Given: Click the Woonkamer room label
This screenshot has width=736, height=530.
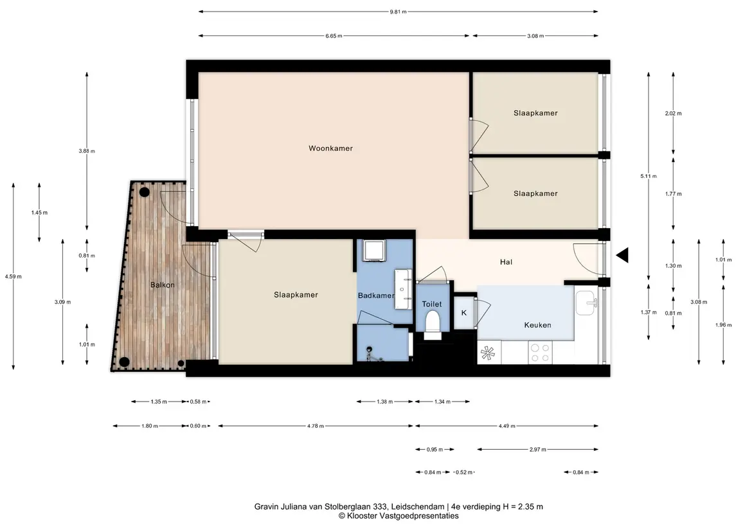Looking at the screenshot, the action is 330,148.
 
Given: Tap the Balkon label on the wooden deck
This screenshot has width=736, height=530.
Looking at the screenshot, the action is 163,285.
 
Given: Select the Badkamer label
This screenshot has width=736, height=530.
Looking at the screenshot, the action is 376,296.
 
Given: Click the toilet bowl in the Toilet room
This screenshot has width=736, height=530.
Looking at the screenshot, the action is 432,324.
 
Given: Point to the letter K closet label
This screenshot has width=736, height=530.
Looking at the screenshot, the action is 463,313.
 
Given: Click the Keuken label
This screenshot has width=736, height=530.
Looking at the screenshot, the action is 537,325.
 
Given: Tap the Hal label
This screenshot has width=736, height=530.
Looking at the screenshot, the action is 506,262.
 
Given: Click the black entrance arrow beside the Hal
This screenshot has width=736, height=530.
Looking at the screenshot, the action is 622,256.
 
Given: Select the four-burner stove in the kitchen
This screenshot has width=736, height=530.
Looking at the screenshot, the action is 540,353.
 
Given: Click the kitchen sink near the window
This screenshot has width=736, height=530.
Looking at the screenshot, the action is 586,303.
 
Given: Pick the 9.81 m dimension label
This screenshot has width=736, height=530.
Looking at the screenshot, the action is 398,12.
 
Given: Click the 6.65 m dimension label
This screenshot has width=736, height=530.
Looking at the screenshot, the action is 334,36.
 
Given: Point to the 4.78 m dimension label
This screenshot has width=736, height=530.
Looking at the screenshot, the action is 316,426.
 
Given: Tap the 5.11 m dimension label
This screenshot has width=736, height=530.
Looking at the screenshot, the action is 648,177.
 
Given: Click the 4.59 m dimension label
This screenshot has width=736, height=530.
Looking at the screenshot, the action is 13,277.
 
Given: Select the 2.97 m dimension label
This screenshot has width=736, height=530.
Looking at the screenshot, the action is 537,449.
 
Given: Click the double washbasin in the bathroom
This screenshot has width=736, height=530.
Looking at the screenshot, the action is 403,289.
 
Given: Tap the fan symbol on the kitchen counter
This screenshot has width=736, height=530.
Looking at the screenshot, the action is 488,353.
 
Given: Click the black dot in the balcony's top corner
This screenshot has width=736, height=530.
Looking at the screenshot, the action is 144,192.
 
